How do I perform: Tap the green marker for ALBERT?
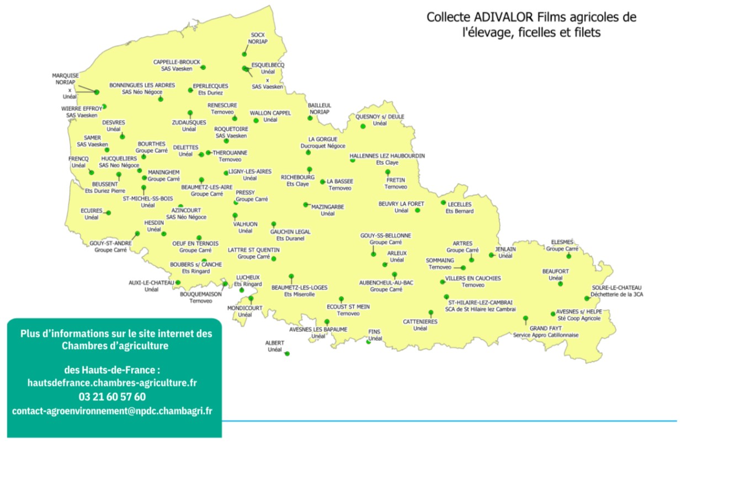pos(287,354)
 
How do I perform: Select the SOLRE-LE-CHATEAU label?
pos(616,288)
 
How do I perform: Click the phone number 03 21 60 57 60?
pos(112,396)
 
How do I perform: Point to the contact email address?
pos(112,411)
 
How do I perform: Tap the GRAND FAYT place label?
pos(546,328)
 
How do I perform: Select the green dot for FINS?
pos(369,342)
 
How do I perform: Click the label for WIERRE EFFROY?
pos(82,109)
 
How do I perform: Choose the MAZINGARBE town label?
pos(328,207)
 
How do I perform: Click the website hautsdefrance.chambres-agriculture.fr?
pos(112,382)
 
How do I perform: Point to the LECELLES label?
pos(460,204)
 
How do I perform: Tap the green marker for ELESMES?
pos(568,256)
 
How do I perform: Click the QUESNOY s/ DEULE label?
pos(380,117)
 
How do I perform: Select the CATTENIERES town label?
pos(420,321)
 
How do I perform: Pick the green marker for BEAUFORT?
pos(560,284)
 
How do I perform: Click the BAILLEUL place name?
pos(320,105)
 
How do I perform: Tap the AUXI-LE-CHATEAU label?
pos(151,282)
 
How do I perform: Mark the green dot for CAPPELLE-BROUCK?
pos(203,67)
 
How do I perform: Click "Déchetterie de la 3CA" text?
pos(617,295)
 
